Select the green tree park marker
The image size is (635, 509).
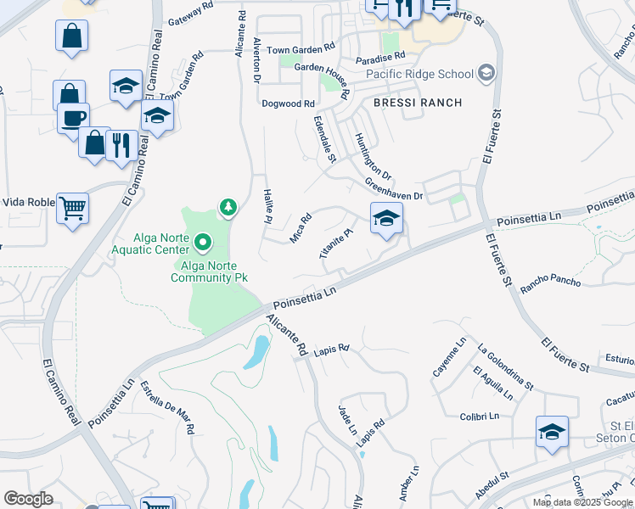(228, 206)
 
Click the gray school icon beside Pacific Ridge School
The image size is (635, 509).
(486, 74)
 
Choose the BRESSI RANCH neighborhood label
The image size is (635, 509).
(419, 103)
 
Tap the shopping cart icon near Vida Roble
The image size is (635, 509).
(73, 206)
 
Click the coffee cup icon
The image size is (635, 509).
(73, 117)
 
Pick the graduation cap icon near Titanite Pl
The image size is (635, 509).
(386, 219)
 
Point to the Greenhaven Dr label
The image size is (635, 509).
(394, 188)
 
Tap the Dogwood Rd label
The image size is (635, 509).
(288, 103)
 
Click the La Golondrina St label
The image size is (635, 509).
(505, 367)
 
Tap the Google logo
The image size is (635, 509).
(28, 499)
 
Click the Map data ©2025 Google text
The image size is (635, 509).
(582, 502)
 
